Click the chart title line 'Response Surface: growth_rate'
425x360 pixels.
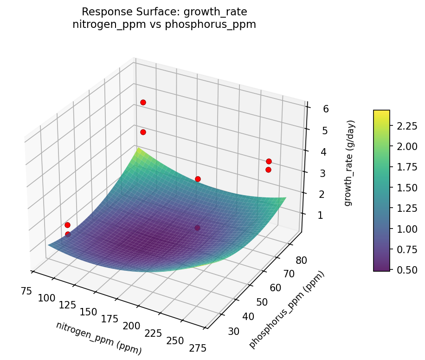click(164, 12)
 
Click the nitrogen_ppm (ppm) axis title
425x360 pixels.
click(98, 338)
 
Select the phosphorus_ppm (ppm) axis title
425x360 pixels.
click(286, 309)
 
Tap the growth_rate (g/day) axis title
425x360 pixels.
click(350, 163)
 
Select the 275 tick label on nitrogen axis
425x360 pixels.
click(198, 347)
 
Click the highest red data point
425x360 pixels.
click(143, 102)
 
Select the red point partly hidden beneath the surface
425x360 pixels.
click(198, 228)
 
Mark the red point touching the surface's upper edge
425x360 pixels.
click(198, 179)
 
